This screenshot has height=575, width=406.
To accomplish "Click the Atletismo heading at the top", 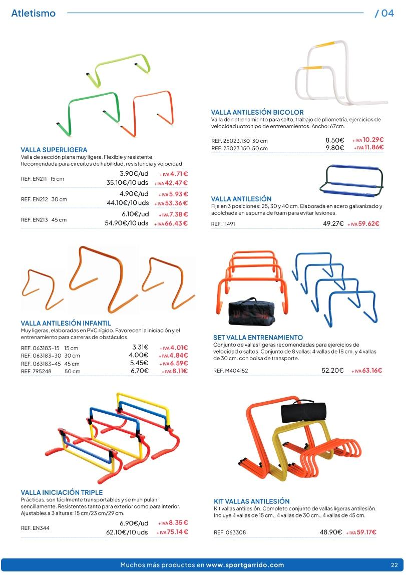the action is point(33,14).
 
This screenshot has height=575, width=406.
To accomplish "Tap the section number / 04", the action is point(384,14).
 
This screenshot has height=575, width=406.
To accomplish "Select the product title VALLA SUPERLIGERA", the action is point(54,150).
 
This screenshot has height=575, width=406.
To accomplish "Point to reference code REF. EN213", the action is point(33,219).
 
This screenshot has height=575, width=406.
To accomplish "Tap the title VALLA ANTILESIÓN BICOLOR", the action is point(257,113).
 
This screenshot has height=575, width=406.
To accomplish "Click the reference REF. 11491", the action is point(223,224).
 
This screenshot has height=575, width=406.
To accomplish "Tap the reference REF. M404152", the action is point(230,371).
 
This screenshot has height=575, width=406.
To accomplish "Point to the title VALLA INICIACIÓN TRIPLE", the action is point(62,493).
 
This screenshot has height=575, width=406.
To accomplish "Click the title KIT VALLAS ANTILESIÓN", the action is point(251,501).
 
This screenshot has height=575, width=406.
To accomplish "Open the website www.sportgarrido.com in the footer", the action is point(245,565).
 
